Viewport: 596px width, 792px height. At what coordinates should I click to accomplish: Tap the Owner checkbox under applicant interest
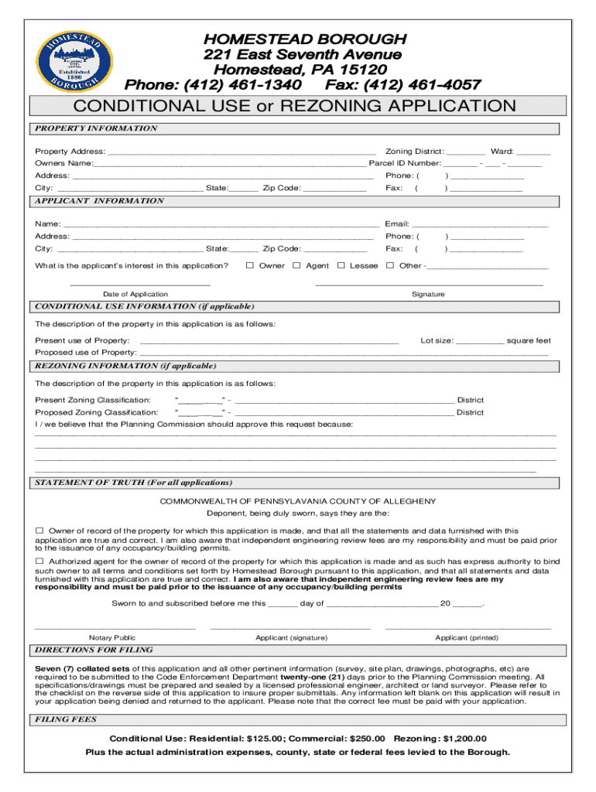(250, 265)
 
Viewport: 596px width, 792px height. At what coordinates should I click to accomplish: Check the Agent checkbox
(296, 265)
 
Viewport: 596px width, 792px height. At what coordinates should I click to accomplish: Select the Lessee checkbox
(341, 265)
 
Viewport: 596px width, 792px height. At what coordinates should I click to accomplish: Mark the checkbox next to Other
(390, 265)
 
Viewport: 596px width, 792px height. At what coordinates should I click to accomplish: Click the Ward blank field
(533, 152)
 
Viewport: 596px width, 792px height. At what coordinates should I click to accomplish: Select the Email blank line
(480, 225)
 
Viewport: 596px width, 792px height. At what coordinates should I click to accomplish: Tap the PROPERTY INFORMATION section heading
(96, 128)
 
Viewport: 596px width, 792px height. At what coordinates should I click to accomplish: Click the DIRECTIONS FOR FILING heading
(94, 650)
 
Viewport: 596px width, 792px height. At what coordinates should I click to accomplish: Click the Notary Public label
(112, 638)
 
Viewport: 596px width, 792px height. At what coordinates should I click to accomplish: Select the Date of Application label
(135, 295)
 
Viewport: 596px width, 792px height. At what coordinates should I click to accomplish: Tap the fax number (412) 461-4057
(403, 84)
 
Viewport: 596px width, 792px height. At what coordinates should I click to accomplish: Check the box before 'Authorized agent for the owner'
(39, 561)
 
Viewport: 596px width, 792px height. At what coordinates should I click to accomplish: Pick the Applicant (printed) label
(467, 638)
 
